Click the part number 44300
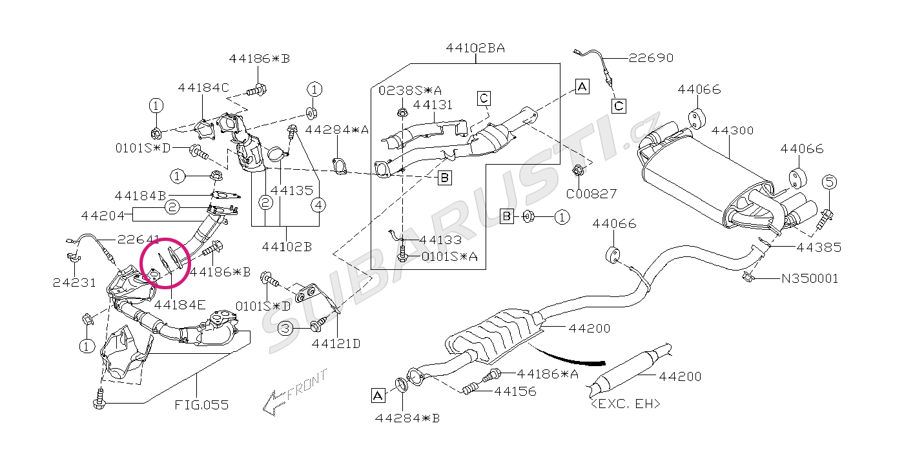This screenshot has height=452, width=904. (x=732, y=130)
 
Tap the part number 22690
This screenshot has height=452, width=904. (x=651, y=58)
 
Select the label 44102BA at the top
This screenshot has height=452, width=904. (x=475, y=48)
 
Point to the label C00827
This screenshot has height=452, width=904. (x=591, y=193)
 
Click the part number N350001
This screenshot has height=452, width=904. (x=810, y=279)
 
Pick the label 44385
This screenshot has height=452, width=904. (x=818, y=247)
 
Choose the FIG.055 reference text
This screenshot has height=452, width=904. (x=201, y=406)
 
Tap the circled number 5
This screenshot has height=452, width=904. (x=829, y=182)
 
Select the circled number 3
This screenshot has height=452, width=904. (x=286, y=329)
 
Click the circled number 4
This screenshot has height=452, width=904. (x=318, y=205)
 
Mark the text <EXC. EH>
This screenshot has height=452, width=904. (x=626, y=404)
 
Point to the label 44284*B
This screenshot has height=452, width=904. (x=407, y=418)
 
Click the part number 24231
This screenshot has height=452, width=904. (x=74, y=282)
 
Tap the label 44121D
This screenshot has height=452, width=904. (x=336, y=344)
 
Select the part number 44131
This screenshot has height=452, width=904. (x=433, y=105)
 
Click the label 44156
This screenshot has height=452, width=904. (x=515, y=391)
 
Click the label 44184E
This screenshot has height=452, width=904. (x=180, y=303)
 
